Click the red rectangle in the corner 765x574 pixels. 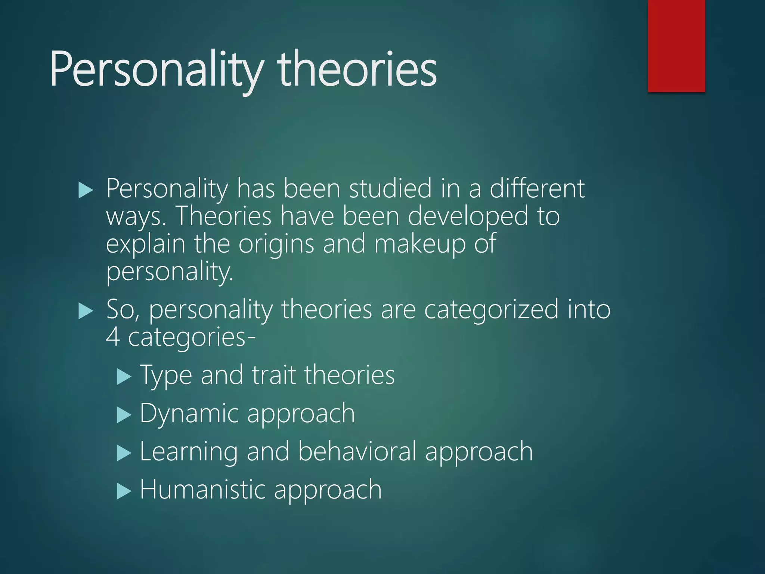tap(676, 46)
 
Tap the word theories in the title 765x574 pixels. tap(357, 70)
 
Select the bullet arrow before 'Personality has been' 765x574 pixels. tap(86, 191)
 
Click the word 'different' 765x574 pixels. tap(537, 188)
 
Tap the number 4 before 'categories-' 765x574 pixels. tap(113, 337)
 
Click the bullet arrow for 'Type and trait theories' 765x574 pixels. tap(124, 377)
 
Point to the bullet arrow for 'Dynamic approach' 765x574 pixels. tap(124, 415)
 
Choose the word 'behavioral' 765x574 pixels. tap(357, 451)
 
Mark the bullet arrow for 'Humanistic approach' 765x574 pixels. tap(124, 491)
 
